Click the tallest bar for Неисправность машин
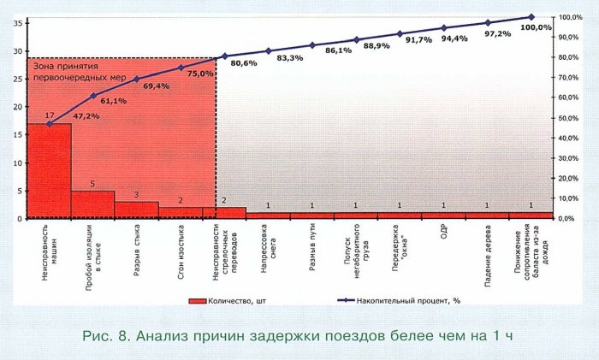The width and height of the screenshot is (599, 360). pyautogui.click(x=49, y=171)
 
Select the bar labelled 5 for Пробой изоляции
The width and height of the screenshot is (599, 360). pyautogui.click(x=92, y=204)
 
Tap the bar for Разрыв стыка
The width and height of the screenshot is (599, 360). pyautogui.click(x=137, y=210)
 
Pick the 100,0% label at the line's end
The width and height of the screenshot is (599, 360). pyautogui.click(x=537, y=27)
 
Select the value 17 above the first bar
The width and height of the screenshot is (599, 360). pyautogui.click(x=49, y=115)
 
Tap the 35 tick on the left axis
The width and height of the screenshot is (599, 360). pyautogui.click(x=18, y=23)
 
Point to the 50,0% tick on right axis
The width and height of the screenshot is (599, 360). pyautogui.click(x=572, y=118)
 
